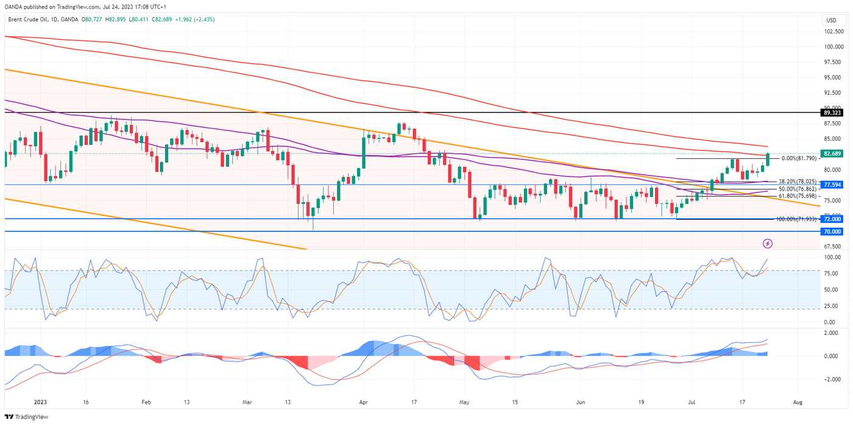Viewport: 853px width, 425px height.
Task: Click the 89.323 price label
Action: click(x=832, y=113)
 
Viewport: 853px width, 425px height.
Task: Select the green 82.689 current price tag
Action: click(x=832, y=153)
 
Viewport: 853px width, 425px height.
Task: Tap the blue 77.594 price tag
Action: click(x=832, y=184)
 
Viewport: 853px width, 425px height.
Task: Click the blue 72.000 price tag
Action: click(x=832, y=219)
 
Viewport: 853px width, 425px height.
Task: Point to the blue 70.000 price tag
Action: click(x=832, y=232)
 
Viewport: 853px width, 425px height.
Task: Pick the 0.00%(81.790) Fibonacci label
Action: click(x=798, y=158)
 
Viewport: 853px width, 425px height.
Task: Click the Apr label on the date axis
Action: click(x=363, y=402)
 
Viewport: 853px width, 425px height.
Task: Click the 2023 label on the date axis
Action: click(x=40, y=402)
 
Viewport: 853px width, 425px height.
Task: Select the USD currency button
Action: click(x=830, y=20)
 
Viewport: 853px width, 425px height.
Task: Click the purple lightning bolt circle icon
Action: click(x=768, y=244)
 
